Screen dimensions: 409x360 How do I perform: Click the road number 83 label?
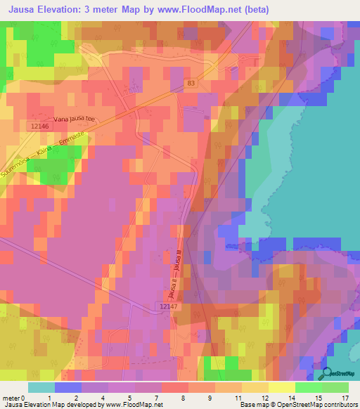click(191, 83)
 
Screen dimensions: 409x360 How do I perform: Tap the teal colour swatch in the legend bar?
click(41, 387)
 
